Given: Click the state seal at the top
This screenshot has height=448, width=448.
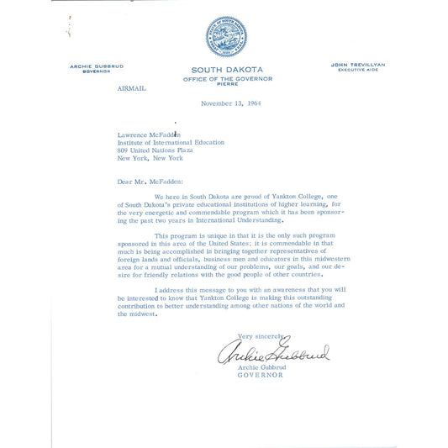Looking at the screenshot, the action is click(x=226, y=36).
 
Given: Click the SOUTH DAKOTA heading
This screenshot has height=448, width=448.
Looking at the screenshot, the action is click(x=226, y=70).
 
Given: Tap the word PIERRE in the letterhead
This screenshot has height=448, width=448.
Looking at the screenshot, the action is click(x=227, y=84).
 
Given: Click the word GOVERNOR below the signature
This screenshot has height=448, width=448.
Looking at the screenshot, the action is click(x=261, y=375).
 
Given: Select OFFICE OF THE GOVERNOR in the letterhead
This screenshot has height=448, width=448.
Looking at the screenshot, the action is click(x=227, y=78).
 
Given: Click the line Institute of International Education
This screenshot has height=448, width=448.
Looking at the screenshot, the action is click(x=171, y=142).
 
